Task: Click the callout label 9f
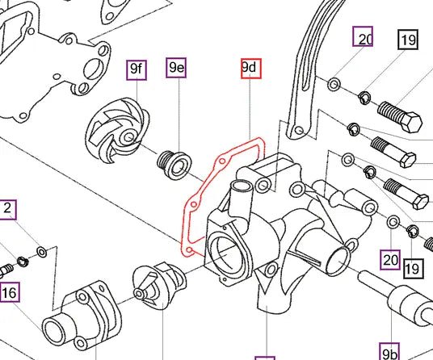tap(137, 69)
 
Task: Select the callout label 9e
tap(176, 69)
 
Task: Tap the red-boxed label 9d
tap(250, 69)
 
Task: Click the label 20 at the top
tap(364, 38)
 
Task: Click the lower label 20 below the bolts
tap(391, 259)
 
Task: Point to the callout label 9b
tap(390, 353)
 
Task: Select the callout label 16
tap(10, 291)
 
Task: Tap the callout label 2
tap(7, 210)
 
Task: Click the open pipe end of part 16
tap(57, 331)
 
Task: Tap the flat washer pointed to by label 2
tap(42, 251)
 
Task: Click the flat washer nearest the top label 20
tap(334, 83)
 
